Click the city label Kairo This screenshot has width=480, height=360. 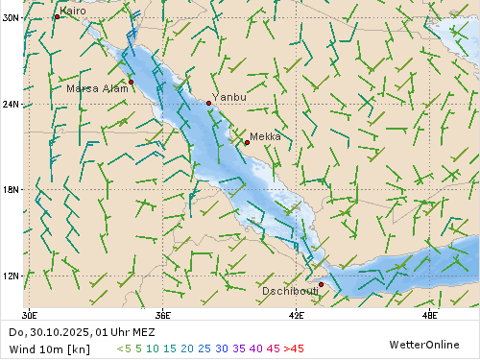click(x=73, y=11)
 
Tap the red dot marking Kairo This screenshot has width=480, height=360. click(x=57, y=17)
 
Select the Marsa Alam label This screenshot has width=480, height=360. click(x=96, y=88)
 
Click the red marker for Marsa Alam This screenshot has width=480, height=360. click(x=132, y=82)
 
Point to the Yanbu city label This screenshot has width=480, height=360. click(x=229, y=97)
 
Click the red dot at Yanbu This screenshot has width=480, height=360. click(x=209, y=103)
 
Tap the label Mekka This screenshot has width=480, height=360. click(x=266, y=136)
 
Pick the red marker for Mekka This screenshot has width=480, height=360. click(x=247, y=143)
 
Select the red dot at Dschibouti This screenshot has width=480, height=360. click(x=321, y=284)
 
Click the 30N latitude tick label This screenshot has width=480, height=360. click(x=11, y=17)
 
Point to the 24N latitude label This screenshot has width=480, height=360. click(x=11, y=104)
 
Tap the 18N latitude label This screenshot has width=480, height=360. click(x=11, y=189)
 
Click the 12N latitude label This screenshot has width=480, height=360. click(x=11, y=276)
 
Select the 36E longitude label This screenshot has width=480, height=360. click(x=162, y=314)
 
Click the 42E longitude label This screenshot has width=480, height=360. click(x=296, y=314)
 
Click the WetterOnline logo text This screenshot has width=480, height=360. click(x=423, y=344)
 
